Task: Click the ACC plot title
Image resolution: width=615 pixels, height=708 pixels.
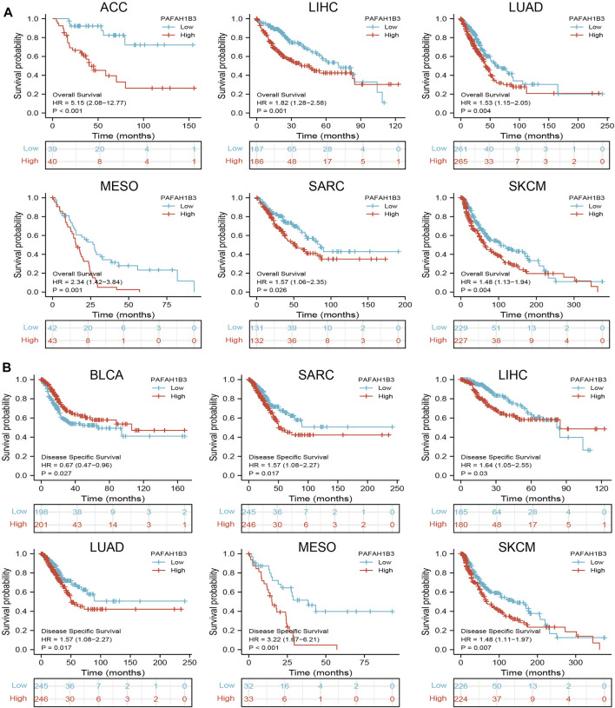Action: (102, 8)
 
